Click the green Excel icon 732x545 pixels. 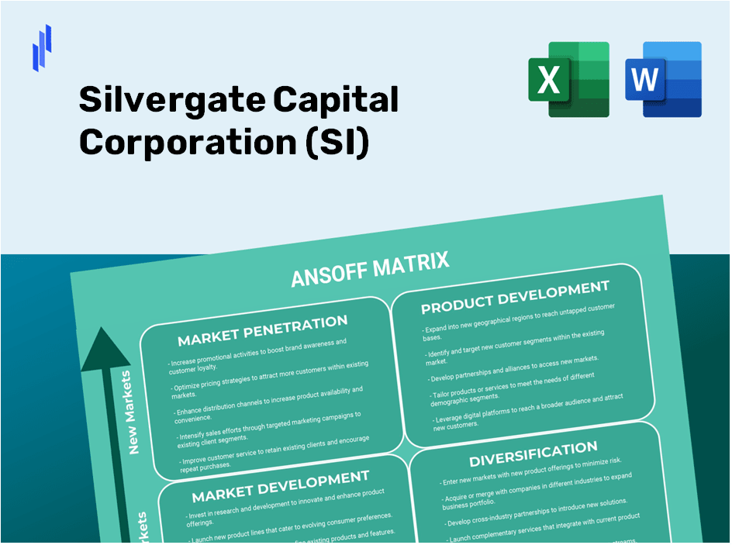point(568,80)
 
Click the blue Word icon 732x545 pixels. point(663,80)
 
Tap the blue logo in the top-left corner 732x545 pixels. point(42,47)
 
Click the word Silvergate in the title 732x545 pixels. point(172,100)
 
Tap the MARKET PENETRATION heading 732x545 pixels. point(262,330)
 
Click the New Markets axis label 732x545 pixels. point(130,412)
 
